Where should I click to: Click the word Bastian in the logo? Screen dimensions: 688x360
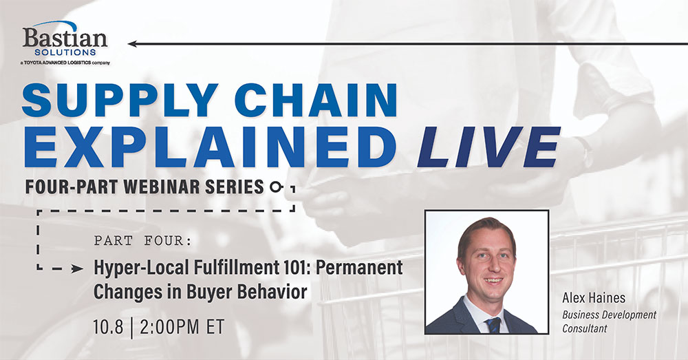pos(65,38)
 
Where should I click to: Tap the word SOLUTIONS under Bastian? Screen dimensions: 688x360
pos(65,52)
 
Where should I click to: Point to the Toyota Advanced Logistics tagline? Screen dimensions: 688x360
pos(65,63)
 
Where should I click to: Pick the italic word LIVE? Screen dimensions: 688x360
pos(488,147)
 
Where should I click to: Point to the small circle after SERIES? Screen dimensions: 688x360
pos(275,187)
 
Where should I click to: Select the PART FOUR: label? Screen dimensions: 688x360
pos(143,241)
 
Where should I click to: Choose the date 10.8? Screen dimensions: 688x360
pos(109,327)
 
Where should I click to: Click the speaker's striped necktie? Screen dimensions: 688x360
pos(493,325)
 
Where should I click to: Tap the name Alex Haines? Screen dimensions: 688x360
pos(594,298)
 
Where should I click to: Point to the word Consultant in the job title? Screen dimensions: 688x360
pos(584,328)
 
